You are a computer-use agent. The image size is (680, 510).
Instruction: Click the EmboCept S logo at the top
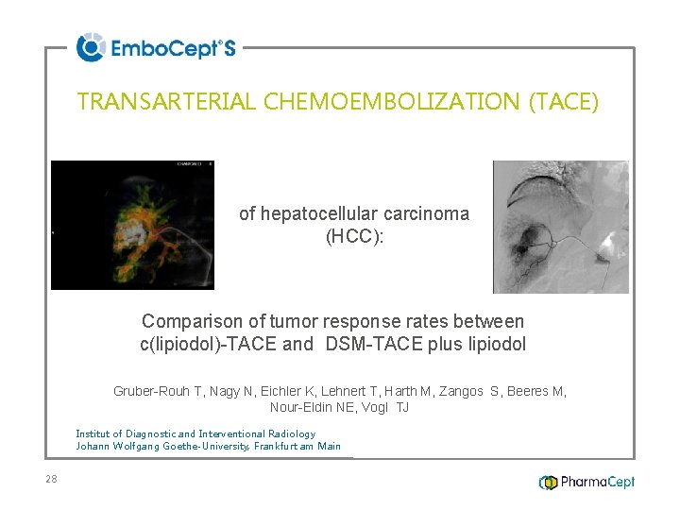tap(156, 47)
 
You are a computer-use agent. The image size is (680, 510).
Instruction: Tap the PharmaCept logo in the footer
tap(586, 482)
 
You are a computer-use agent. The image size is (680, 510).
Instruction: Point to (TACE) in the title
tap(564, 102)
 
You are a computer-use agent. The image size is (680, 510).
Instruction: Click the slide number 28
tap(51, 479)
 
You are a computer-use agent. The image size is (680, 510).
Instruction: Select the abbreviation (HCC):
tap(354, 237)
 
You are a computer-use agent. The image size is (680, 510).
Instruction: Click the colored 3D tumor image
tap(132, 225)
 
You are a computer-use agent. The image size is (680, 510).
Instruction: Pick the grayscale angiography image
tap(560, 227)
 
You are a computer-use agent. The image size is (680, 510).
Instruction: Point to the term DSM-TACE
tap(369, 345)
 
